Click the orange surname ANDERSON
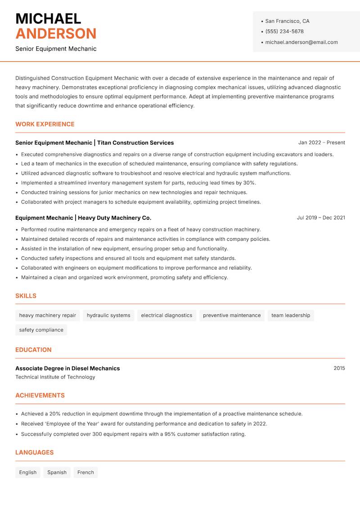coord(56,34)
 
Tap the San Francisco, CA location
coord(287,21)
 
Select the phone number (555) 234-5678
coord(284,31)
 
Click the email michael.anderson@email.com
coord(301,42)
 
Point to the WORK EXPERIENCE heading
coord(45,124)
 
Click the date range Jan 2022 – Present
coord(321,143)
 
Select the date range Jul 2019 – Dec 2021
coord(321,218)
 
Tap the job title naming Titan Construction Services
coord(94,143)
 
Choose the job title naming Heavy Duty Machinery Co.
coord(83,218)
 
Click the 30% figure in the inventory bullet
coord(249,183)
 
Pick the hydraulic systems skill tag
coord(108,316)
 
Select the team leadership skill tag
coord(291,316)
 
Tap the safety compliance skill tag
coord(41,330)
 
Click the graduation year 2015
coord(339,368)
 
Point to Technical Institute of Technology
coord(55,377)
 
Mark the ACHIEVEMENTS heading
coord(40,396)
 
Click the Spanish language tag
coord(57,472)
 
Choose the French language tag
coord(85,472)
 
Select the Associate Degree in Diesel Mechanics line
coord(67,368)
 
